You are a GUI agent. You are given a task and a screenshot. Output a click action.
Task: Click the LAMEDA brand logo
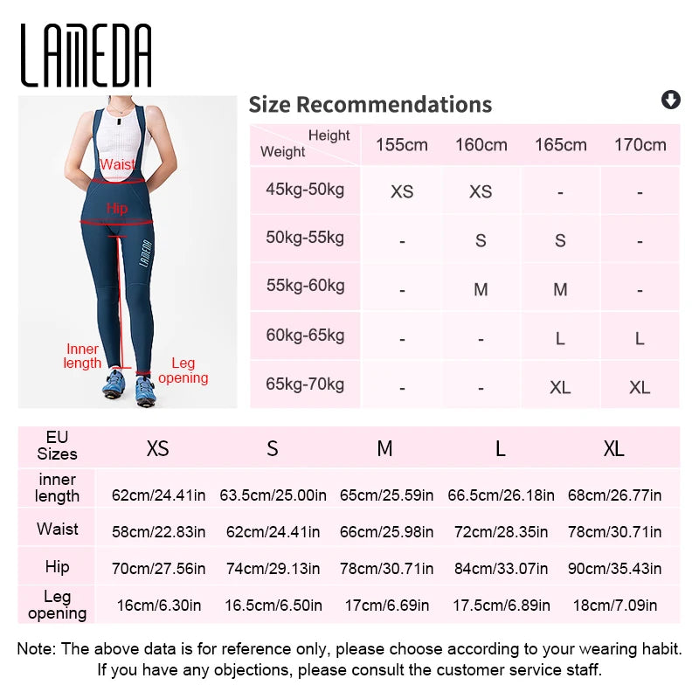tap(87, 56)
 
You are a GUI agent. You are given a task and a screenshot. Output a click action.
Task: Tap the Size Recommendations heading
tap(370, 105)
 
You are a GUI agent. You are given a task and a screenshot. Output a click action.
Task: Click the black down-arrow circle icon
tap(670, 100)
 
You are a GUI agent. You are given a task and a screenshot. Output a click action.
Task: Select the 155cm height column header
tap(401, 145)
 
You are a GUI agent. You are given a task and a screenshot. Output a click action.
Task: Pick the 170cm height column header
tap(640, 145)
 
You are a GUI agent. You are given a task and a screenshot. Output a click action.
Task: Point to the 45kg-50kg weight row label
tap(304, 190)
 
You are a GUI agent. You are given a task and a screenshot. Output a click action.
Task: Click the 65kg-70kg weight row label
tap(304, 384)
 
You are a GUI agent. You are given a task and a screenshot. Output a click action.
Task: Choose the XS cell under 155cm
tap(401, 192)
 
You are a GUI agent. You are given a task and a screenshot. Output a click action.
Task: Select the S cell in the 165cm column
tap(560, 241)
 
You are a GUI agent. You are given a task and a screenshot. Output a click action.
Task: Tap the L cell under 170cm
tap(640, 338)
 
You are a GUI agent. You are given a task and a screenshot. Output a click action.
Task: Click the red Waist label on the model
tap(118, 164)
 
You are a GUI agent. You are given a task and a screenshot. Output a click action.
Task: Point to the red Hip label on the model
tap(117, 209)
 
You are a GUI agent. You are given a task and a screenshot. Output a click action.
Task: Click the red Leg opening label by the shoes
tap(183, 370)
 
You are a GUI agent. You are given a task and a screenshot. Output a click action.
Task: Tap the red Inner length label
tap(83, 356)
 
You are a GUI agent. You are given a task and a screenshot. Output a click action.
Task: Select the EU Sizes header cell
tap(57, 446)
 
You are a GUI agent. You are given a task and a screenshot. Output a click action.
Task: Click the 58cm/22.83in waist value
tap(159, 531)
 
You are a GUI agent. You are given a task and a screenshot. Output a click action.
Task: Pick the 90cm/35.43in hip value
tap(614, 568)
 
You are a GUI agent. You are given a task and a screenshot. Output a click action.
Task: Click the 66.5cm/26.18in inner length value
tap(501, 495)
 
